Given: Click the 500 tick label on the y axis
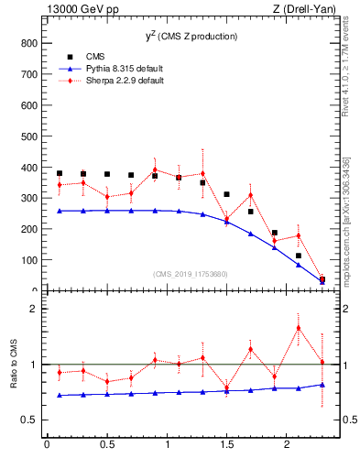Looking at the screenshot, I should click(27, 136).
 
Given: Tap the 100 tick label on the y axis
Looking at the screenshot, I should click(27, 260).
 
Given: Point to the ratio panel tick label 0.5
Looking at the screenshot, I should click(27, 420).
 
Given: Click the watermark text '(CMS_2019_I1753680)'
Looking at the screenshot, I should click(191, 273).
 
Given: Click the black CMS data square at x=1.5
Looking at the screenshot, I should click(226, 194).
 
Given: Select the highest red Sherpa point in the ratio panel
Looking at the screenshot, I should click(298, 328).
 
